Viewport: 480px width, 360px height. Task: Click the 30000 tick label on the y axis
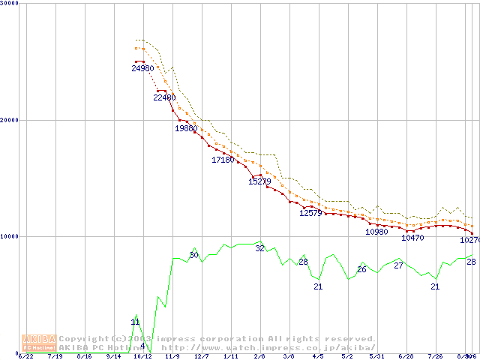tap(10, 4)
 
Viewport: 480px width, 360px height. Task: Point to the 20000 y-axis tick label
tap(10, 120)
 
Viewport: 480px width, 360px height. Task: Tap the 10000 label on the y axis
tap(10, 236)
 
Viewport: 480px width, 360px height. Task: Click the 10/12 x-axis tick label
tap(142, 356)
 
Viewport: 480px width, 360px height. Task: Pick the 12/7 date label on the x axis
tap(202, 356)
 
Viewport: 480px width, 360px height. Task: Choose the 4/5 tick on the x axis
tap(318, 356)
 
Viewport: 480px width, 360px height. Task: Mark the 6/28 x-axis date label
tap(406, 356)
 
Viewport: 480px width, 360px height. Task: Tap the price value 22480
tap(164, 97)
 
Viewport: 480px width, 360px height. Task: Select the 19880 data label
tap(186, 128)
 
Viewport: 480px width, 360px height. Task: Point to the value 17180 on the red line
tap(223, 160)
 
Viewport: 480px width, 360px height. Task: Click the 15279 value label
tap(259, 181)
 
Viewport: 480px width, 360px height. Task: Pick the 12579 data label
tap(310, 213)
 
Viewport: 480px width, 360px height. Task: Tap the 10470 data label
tap(412, 238)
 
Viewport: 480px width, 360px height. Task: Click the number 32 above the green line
tap(259, 248)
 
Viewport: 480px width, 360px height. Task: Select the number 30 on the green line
tap(193, 256)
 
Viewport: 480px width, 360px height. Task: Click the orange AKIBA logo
tap(39, 343)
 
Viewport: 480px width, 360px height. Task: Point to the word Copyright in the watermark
tap(84, 339)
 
